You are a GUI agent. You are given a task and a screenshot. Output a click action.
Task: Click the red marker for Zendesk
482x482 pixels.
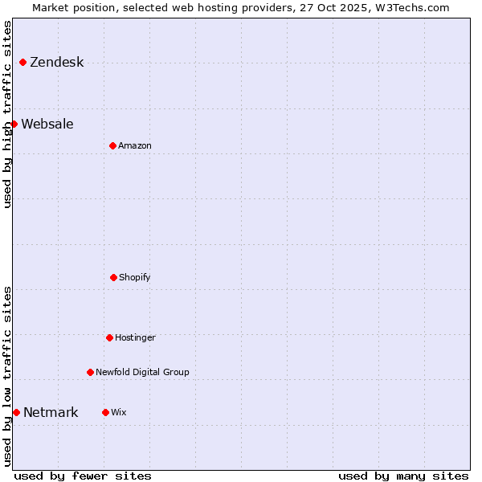click(x=22, y=63)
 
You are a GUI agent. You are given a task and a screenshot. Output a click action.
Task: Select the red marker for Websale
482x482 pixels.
click(x=14, y=124)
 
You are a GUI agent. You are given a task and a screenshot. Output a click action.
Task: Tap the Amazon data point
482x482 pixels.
click(x=112, y=145)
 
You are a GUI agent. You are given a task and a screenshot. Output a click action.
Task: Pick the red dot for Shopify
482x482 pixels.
click(x=113, y=277)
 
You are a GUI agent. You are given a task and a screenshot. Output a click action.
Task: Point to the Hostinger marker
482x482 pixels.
click(x=109, y=337)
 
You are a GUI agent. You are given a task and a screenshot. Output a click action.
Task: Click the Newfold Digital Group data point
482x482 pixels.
click(x=90, y=372)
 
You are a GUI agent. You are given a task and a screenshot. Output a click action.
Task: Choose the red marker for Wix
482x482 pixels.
click(x=105, y=412)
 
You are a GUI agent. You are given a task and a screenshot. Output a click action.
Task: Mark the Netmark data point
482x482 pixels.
click(x=16, y=412)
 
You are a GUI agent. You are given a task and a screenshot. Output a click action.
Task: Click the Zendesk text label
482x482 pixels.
click(x=56, y=63)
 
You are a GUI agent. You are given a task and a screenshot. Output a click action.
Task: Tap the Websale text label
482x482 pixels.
click(x=47, y=124)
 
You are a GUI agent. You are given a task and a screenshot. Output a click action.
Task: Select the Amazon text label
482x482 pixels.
click(x=135, y=145)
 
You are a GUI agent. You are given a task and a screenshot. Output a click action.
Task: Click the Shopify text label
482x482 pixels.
click(x=135, y=277)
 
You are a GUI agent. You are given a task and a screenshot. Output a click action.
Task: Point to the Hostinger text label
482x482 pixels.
click(x=135, y=337)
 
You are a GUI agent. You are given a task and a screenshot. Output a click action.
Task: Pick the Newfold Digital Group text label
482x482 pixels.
click(x=142, y=372)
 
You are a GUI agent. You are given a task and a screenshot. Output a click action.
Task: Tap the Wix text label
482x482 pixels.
click(x=119, y=412)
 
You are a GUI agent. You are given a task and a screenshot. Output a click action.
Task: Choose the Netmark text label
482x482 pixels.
click(x=51, y=413)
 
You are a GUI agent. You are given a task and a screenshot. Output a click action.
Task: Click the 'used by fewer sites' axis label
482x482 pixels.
click(x=83, y=476)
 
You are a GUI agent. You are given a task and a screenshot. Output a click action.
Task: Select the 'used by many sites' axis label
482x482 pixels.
click(x=403, y=476)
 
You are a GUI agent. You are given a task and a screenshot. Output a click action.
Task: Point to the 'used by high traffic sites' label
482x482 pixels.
click(x=7, y=114)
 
